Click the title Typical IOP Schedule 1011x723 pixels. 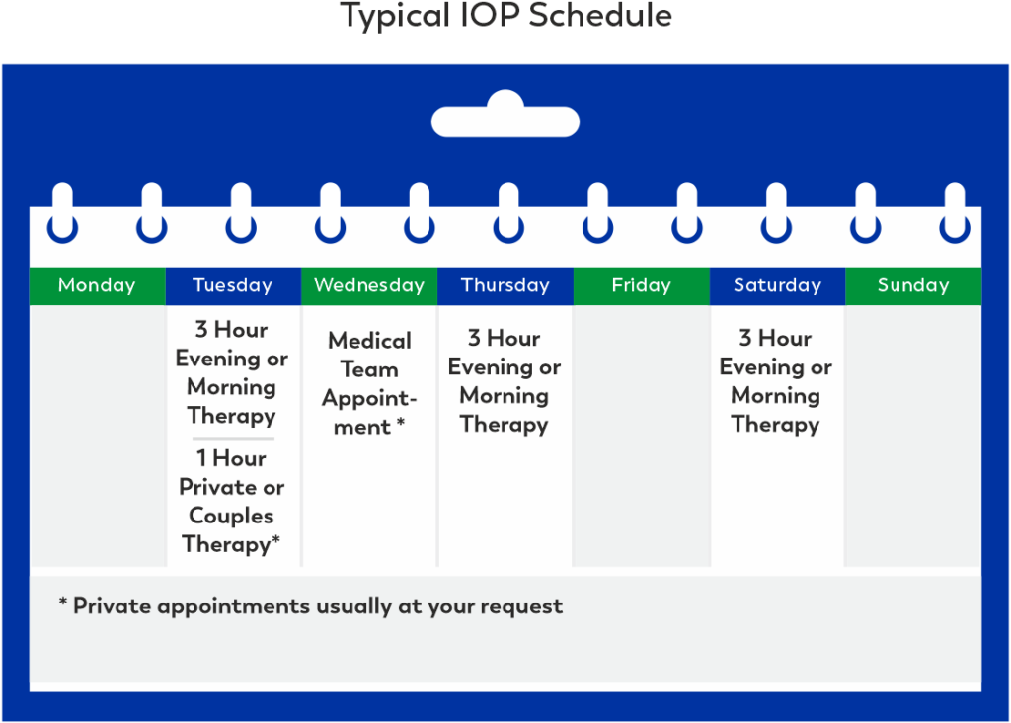point(505,17)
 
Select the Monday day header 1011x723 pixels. point(97,285)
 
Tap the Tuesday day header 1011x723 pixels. point(233,285)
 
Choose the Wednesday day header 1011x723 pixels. point(369,285)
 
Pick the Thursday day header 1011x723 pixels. point(505,285)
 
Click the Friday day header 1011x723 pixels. point(641,285)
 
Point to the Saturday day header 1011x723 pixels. point(777,285)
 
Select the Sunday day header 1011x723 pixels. point(913,285)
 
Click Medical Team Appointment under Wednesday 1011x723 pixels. point(369,383)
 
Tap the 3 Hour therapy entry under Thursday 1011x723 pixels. point(505,381)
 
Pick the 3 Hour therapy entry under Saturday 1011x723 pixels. point(776,381)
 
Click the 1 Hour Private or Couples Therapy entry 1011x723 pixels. point(232,501)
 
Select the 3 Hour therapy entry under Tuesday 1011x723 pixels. point(232,372)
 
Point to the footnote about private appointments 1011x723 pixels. point(311,605)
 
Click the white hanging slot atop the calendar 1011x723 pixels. point(505,120)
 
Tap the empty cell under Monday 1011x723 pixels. point(97,435)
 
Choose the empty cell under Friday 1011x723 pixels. point(641,435)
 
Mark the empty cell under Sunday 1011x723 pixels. point(913,435)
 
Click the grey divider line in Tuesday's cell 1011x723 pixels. point(233,438)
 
